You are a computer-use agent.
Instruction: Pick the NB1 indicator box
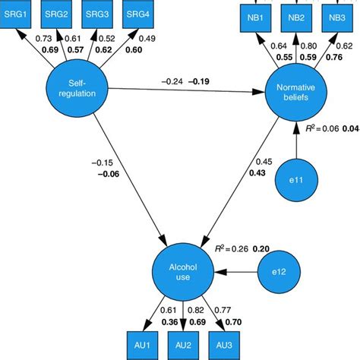(x=254, y=17)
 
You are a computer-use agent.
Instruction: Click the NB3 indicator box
(x=335, y=17)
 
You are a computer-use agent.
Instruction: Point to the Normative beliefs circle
(x=294, y=97)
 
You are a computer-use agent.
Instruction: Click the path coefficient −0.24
(x=174, y=81)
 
